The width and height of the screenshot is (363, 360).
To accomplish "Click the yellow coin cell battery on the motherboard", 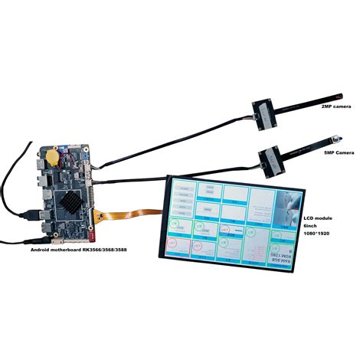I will pyautogui.click(x=52, y=156).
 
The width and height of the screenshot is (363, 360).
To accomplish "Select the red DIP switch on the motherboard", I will pyautogui.click(x=98, y=218).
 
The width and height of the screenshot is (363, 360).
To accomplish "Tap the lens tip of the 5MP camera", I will pyautogui.click(x=335, y=139).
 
